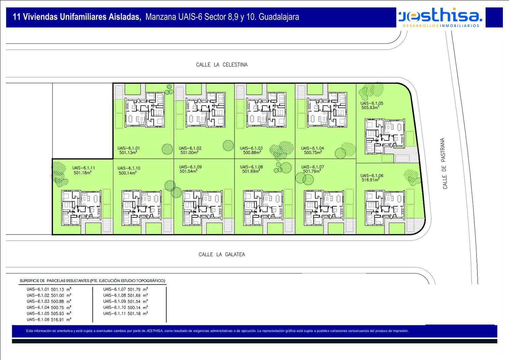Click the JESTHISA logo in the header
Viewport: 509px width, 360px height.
(x=440, y=17)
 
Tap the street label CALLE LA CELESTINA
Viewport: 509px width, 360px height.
(x=222, y=64)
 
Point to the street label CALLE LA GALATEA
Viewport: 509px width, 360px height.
(x=222, y=254)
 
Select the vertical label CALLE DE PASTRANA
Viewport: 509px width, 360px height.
(x=445, y=163)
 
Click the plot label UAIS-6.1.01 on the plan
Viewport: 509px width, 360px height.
(x=129, y=148)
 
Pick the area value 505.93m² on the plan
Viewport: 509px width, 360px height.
(x=370, y=108)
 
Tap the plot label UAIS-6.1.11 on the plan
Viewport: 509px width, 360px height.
(x=83, y=168)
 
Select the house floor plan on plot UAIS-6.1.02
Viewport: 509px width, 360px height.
(x=205, y=110)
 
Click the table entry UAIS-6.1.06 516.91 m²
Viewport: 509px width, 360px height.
(x=49, y=320)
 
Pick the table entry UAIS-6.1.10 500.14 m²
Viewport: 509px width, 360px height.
(x=125, y=307)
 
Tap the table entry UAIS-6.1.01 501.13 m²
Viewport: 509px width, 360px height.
(x=49, y=289)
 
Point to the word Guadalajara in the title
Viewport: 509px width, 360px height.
(x=279, y=17)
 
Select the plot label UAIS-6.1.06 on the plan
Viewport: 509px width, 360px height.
(x=372, y=176)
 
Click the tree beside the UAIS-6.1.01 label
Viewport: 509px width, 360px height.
(x=167, y=149)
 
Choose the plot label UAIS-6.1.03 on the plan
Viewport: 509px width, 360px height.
(x=251, y=148)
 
